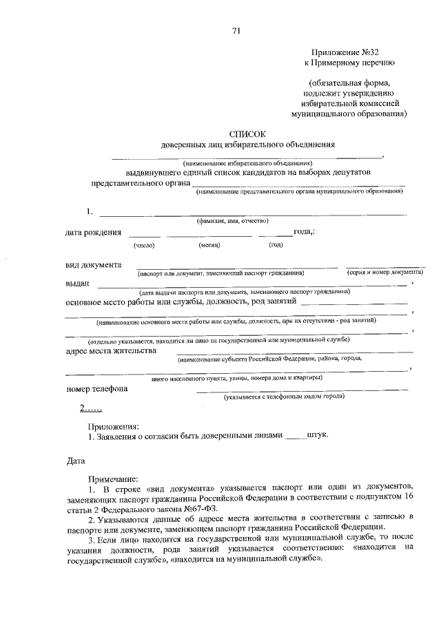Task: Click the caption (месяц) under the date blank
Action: point(209,245)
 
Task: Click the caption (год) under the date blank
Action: point(276,245)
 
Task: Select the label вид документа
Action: point(94,264)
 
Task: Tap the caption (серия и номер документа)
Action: point(384,273)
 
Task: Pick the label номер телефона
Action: point(96,388)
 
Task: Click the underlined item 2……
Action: point(90,408)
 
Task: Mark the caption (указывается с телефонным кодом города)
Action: point(283,398)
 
